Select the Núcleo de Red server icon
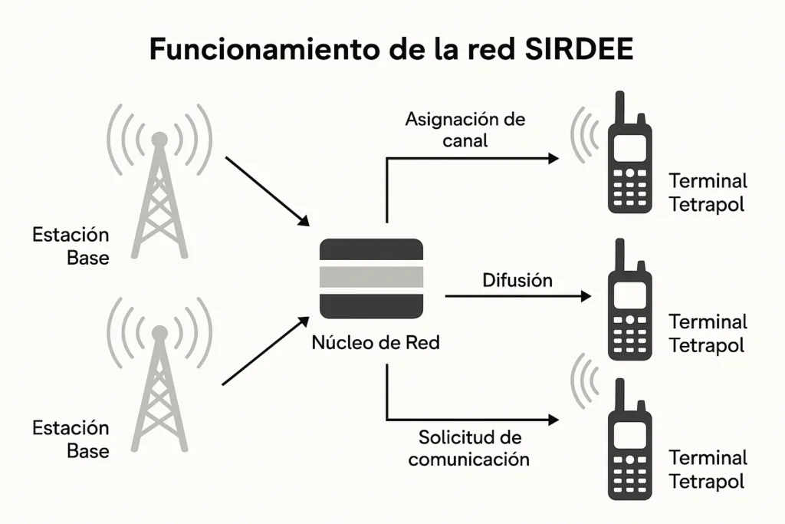pyautogui.click(x=371, y=278)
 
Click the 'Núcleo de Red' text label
pyautogui.click(x=376, y=343)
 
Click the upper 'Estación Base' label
pyautogui.click(x=71, y=246)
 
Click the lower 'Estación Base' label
pyautogui.click(x=71, y=439)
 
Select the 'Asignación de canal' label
pyautogui.click(x=465, y=130)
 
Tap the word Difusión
pyautogui.click(x=517, y=280)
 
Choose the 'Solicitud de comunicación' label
pyautogui.click(x=469, y=448)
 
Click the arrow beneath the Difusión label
pyautogui.click(x=517, y=296)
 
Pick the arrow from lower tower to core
pyautogui.click(x=265, y=351)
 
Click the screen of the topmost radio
pyautogui.click(x=629, y=147)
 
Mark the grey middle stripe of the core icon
pyautogui.click(x=371, y=278)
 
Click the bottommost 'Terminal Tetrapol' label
pyautogui.click(x=707, y=470)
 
